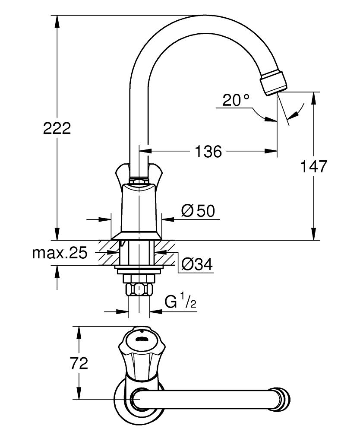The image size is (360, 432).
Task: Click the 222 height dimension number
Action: pyautogui.click(x=57, y=128)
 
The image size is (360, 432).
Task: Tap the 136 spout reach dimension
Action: pyautogui.click(x=208, y=152)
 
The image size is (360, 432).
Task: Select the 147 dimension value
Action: pyautogui.click(x=314, y=166)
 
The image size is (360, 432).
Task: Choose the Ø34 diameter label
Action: pyautogui.click(x=197, y=264)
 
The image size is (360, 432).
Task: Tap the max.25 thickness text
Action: pyautogui.click(x=60, y=253)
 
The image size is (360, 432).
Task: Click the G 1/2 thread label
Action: pyautogui.click(x=180, y=302)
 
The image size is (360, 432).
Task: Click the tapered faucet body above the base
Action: pyautogui.click(x=138, y=207)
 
